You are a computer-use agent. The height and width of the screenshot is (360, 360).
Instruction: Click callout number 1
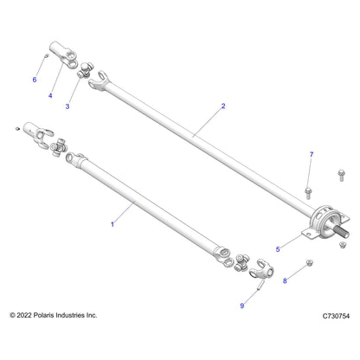pos(112,224)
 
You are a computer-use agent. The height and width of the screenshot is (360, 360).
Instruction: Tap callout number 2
pos(223,106)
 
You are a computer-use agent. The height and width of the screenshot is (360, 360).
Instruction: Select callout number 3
pos(67,106)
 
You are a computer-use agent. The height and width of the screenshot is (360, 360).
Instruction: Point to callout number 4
pos(50,95)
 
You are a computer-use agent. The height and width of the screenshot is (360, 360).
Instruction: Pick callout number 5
pos(278,249)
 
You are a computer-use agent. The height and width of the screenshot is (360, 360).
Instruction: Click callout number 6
pos(35,80)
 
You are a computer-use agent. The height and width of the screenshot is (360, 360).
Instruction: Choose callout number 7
pos(312,155)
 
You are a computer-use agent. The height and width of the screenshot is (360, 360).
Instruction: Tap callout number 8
pos(285,280)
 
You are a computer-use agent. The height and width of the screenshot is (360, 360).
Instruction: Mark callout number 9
pos(242,305)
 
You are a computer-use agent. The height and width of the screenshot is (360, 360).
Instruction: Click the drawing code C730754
pos(336,316)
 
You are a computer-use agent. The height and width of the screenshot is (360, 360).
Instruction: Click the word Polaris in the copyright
pos(44,315)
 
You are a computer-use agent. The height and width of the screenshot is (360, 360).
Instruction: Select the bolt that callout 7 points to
pos(308,193)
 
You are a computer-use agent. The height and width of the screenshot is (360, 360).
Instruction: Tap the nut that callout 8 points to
pos(310,262)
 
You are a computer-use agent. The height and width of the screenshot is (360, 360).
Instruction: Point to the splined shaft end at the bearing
pos(342,232)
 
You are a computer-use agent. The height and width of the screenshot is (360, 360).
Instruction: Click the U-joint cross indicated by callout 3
pos(86,70)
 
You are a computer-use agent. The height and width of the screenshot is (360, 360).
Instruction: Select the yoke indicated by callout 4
pos(64,55)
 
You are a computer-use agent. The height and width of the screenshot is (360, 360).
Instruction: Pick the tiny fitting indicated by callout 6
pos(46,55)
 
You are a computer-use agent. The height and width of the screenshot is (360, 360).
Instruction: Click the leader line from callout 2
pos(207,122)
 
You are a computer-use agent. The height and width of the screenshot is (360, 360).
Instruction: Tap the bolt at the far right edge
pos(341,175)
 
